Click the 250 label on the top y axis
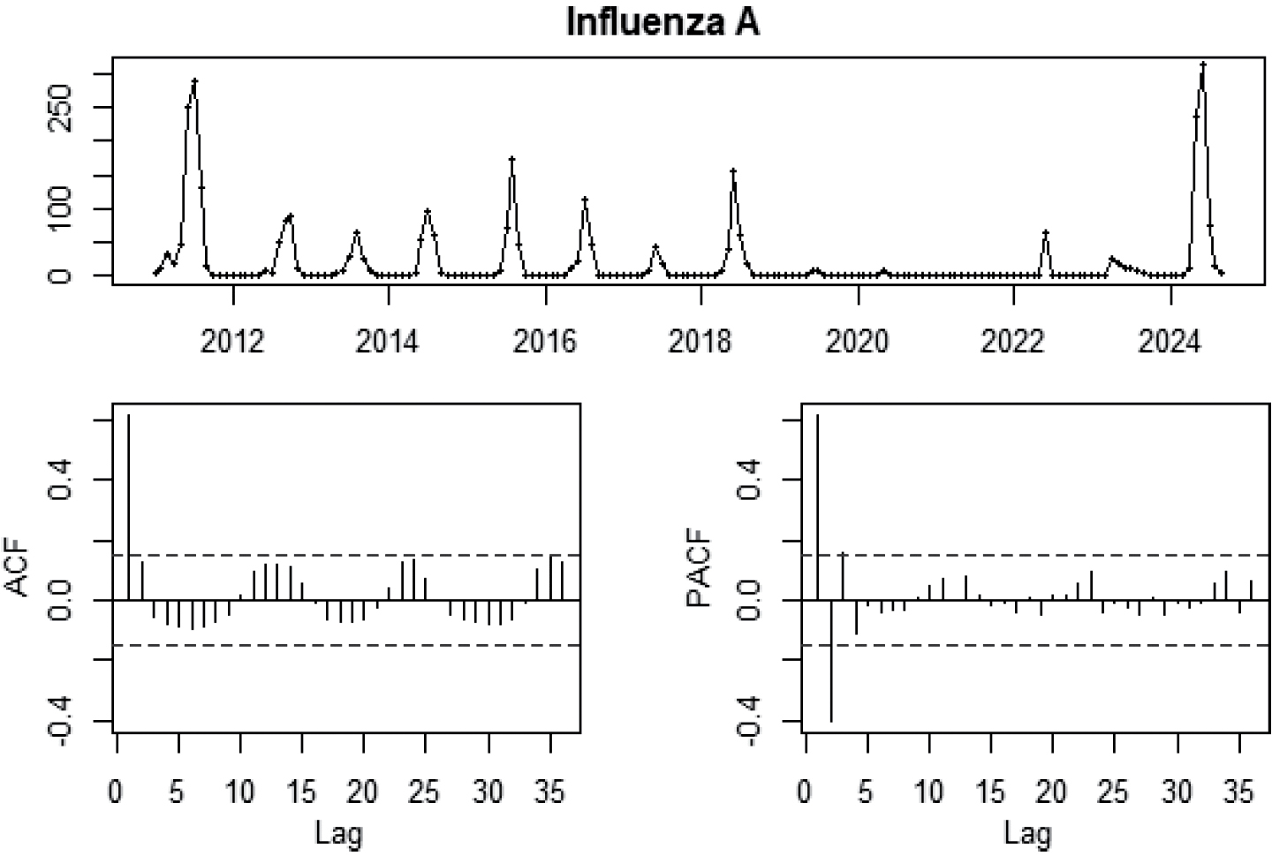coord(58,108)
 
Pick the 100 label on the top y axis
coord(58,208)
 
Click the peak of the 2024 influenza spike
coord(1203,64)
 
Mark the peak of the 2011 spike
coord(194,81)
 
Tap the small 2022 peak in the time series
coord(1046,233)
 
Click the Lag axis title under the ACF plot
coord(338,832)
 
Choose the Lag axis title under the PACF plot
coord(1027,832)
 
